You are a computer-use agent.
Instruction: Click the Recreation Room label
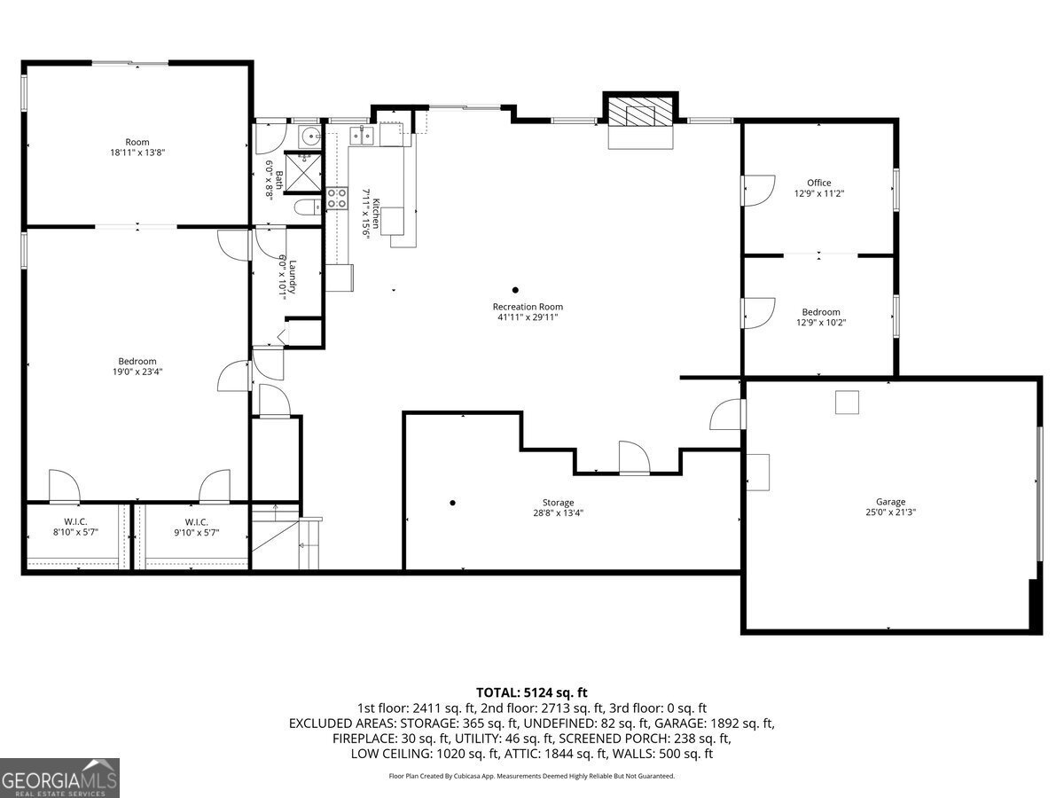(x=528, y=307)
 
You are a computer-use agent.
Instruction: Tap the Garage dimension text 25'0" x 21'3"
(x=890, y=512)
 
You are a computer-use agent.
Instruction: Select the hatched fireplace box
(x=640, y=113)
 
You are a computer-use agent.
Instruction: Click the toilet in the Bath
(x=308, y=207)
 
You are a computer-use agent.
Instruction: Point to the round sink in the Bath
(x=309, y=137)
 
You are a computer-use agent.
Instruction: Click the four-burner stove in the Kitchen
(x=336, y=198)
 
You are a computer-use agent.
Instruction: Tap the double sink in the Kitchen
(x=362, y=136)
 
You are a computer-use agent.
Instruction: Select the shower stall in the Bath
(x=303, y=173)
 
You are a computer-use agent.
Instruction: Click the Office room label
(x=818, y=183)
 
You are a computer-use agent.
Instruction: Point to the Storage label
(x=558, y=503)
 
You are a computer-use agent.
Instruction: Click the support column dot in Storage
(x=452, y=503)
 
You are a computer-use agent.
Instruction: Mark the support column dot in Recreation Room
(x=515, y=290)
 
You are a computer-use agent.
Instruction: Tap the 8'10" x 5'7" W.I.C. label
(x=75, y=528)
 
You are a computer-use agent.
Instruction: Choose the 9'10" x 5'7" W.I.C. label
(x=196, y=528)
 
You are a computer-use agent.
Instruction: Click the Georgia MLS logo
(x=59, y=778)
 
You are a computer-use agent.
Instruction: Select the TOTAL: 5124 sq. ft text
(x=531, y=692)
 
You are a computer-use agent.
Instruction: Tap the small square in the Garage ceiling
(x=847, y=403)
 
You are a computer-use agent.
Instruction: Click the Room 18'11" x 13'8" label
(x=137, y=147)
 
